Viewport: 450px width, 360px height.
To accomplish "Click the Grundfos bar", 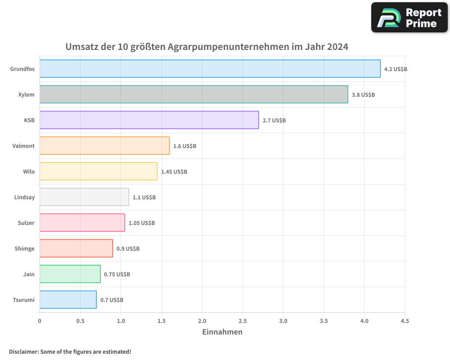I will (210, 69).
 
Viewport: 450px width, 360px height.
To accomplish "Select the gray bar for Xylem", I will (193, 94).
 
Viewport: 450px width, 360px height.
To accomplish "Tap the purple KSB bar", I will (149, 120).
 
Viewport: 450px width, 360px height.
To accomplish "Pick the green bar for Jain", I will (70, 274).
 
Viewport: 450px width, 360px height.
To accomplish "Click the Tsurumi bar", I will (68, 300).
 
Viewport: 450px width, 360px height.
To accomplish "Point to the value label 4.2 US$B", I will (396, 69).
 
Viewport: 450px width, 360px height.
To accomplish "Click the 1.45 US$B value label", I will (174, 172).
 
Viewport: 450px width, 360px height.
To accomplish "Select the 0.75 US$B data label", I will (117, 274).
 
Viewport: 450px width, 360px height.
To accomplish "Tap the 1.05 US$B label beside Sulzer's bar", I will (142, 223).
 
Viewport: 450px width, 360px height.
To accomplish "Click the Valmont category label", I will (23, 146).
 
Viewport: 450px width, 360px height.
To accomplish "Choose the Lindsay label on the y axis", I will (24, 197).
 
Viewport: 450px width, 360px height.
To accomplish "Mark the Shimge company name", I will (24, 248).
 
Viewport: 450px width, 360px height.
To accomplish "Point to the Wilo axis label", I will (29, 171).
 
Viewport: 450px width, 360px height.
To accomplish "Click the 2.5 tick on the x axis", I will (243, 321).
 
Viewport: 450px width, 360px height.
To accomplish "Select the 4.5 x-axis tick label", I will (405, 321).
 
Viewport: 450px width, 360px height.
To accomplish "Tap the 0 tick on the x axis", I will (40, 321).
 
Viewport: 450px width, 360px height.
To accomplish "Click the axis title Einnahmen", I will (222, 332).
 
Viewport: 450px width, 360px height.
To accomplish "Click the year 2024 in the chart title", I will (337, 47).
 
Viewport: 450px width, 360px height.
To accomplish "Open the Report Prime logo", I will (409, 18).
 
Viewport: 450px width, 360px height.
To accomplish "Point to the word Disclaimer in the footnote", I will (23, 351).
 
